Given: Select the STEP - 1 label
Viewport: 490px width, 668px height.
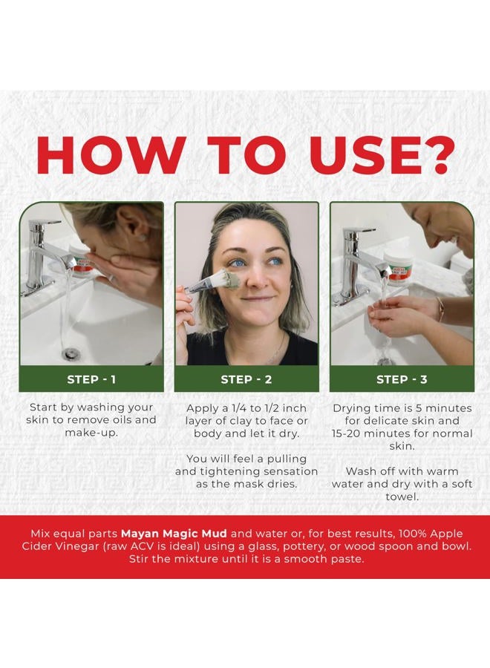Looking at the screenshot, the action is point(91,379).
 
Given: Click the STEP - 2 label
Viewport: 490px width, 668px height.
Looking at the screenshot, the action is point(246,379).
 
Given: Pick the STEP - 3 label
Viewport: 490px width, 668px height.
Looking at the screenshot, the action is point(402,379).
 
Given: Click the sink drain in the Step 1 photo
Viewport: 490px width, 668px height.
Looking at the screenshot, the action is point(70,353).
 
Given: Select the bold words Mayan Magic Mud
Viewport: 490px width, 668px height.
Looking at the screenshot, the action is point(174,534).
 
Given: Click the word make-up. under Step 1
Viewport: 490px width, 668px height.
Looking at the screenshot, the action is point(91,433).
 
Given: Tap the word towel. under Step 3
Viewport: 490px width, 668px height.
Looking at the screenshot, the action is point(402,497).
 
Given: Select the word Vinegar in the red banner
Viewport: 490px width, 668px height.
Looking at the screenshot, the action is point(76,546).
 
